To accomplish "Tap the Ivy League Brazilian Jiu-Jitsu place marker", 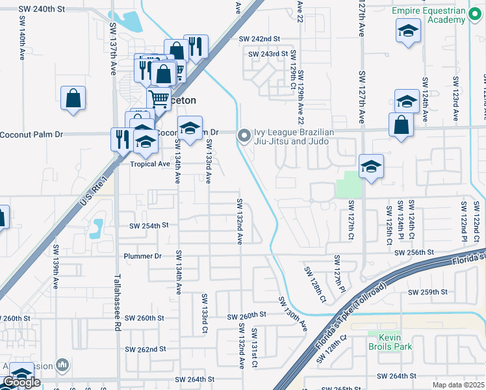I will (244, 135).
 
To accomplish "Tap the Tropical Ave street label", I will (149, 164).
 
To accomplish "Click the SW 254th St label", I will (149, 226).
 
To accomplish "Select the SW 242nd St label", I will (259, 39).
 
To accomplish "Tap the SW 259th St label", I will (428, 292).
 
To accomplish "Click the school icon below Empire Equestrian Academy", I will (407, 30).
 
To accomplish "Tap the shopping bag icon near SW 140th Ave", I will (73, 98).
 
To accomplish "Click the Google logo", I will (21, 382).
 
